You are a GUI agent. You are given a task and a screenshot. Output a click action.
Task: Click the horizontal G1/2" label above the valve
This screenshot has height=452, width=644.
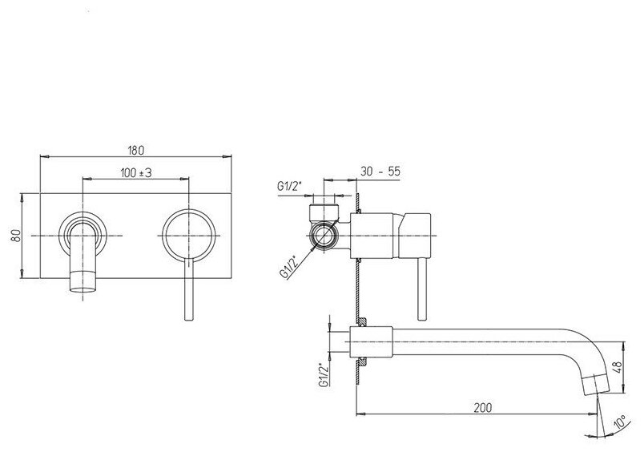coord(289,188)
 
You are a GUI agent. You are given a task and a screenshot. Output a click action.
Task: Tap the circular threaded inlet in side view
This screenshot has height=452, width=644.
coord(324,236)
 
